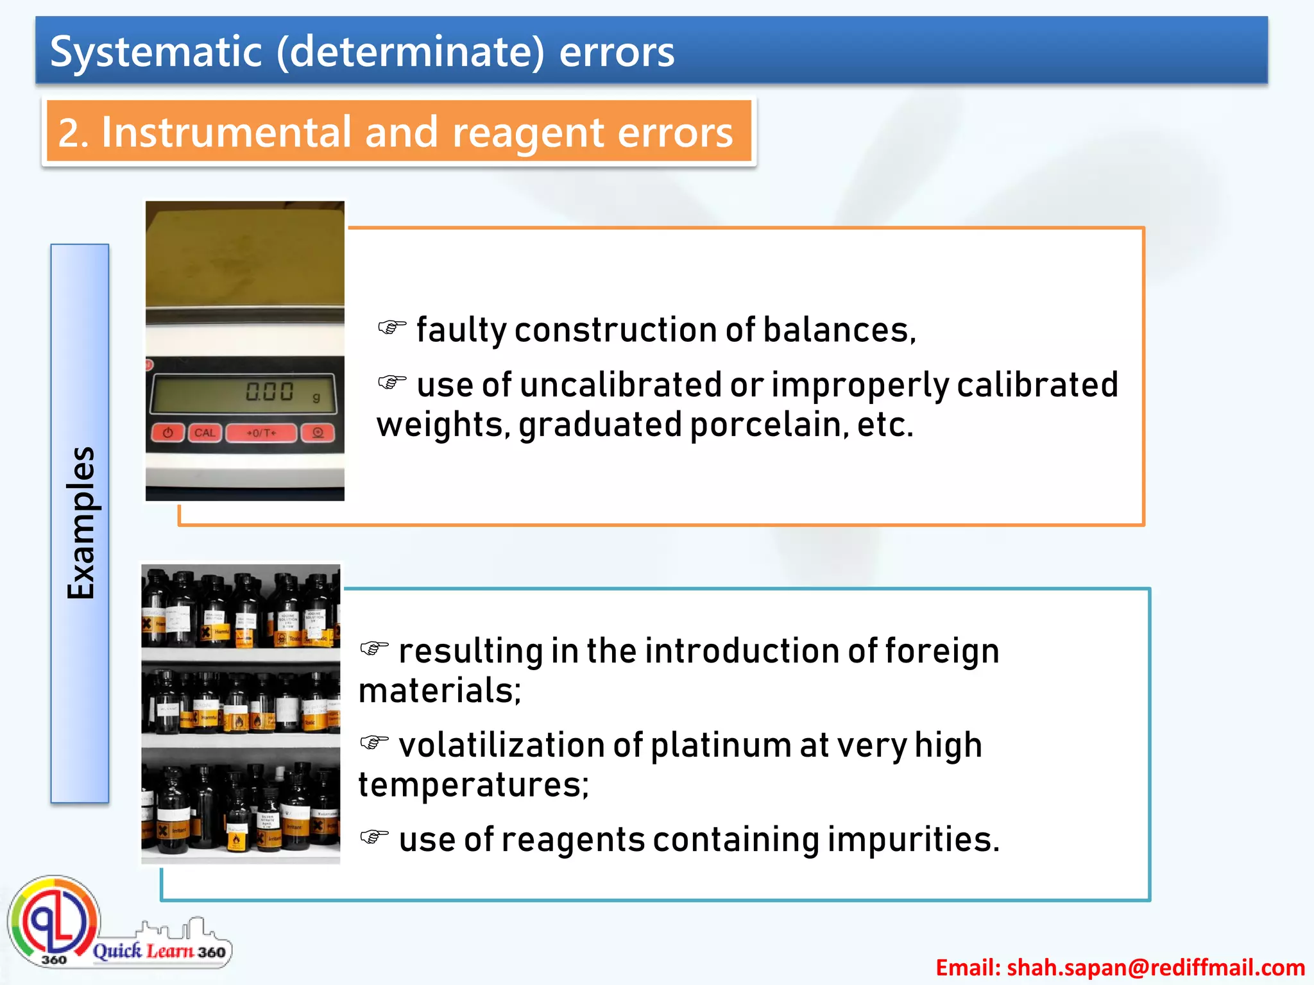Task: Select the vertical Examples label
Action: click(81, 523)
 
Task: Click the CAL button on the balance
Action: click(205, 433)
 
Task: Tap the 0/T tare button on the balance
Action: click(261, 433)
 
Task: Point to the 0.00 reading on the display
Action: click(269, 392)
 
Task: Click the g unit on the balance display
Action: click(316, 398)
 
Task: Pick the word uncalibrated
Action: click(620, 385)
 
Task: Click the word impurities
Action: click(913, 840)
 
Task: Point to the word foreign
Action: click(942, 652)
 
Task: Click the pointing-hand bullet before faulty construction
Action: click(392, 328)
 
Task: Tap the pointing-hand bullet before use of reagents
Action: click(374, 837)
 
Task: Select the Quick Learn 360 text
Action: click(159, 951)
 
